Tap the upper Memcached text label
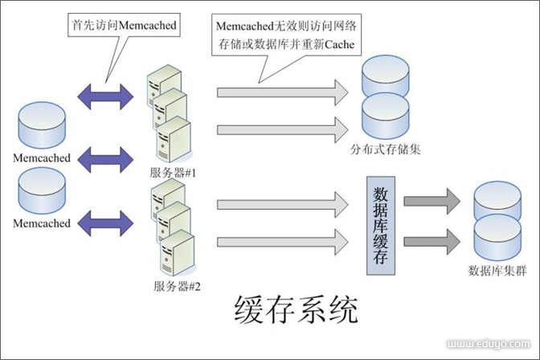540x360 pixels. tap(42, 157)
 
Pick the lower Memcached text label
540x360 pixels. tap(42, 223)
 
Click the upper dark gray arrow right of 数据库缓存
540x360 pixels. tap(432, 202)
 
